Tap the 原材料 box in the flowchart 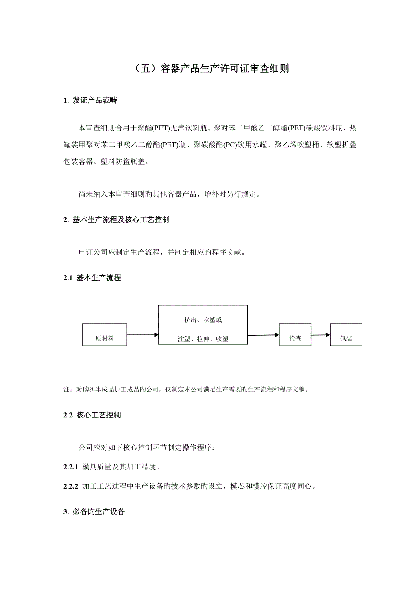105,335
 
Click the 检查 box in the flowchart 295,335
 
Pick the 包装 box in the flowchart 346,335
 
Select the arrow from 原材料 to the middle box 142,335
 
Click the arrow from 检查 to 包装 321,334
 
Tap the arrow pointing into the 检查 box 263,335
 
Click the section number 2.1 68,277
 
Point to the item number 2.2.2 71,486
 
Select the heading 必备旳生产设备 98,512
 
